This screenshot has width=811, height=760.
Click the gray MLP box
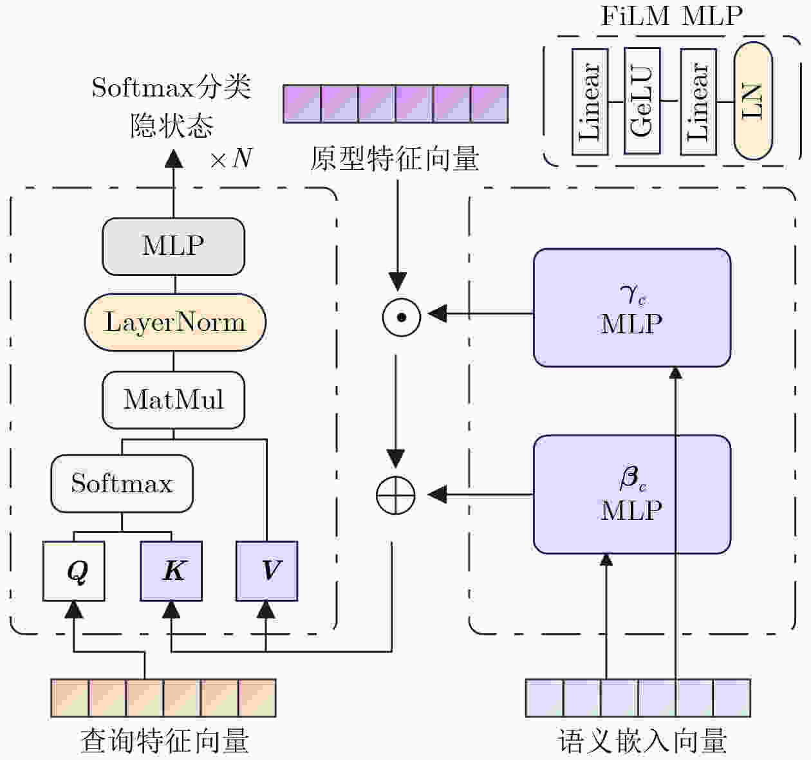click(x=173, y=246)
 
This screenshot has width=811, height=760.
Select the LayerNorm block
click(x=175, y=322)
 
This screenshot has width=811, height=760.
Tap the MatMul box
click(x=173, y=400)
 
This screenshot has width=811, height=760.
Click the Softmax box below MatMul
click(x=122, y=483)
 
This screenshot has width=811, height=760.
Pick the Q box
click(x=74, y=571)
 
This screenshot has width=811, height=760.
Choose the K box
click(x=171, y=571)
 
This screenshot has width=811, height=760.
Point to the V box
click(x=266, y=571)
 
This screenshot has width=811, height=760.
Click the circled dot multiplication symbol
click(x=402, y=317)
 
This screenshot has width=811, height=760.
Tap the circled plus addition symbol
click(x=396, y=495)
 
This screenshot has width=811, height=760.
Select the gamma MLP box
click(x=631, y=308)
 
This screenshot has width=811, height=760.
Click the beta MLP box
click(x=631, y=494)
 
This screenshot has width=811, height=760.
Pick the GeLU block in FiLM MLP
click(x=642, y=102)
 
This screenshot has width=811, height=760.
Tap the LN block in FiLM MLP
click(x=752, y=101)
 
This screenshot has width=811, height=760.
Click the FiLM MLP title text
click(x=671, y=15)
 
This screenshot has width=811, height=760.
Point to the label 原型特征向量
click(x=395, y=159)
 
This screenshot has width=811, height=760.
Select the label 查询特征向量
click(x=164, y=741)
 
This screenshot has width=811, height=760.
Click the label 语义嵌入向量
click(x=642, y=741)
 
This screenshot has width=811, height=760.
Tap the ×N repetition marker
click(x=231, y=158)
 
